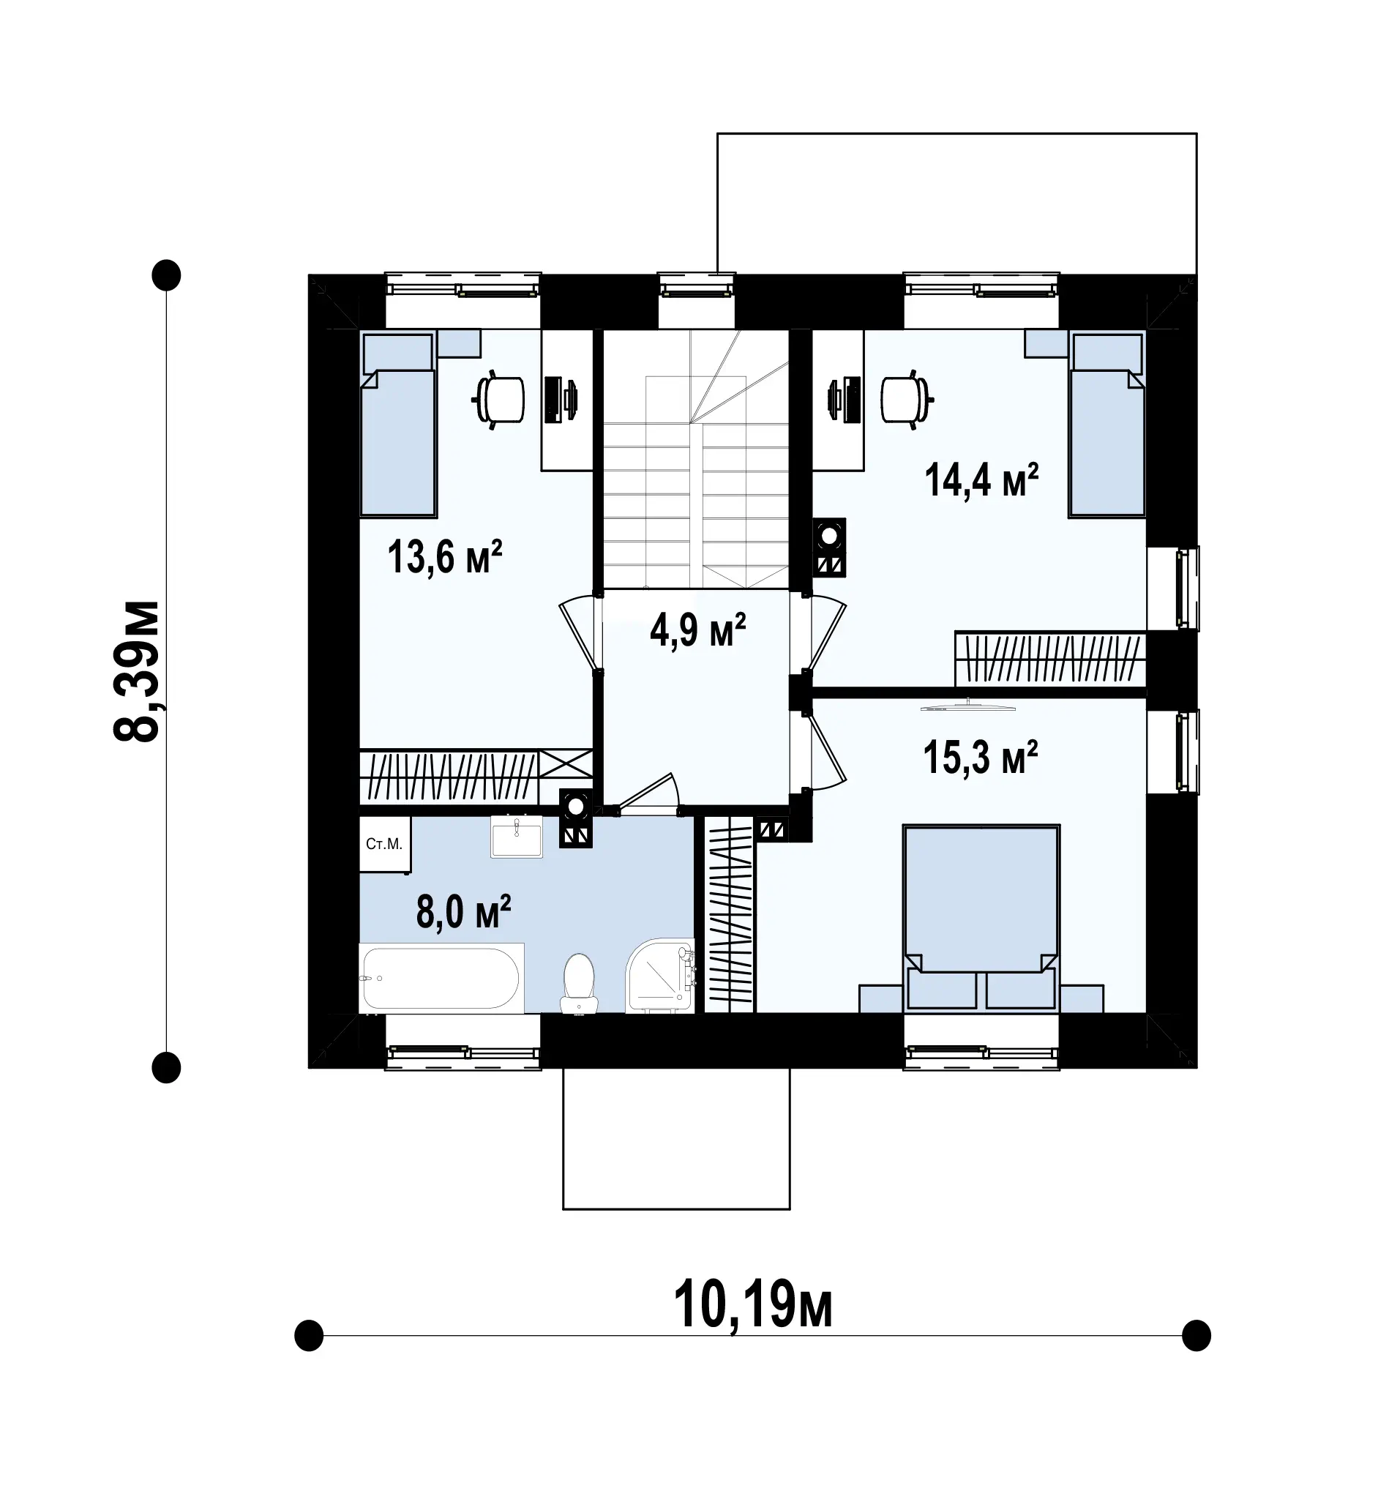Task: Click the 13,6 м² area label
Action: (x=444, y=557)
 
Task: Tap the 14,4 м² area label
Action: (x=981, y=479)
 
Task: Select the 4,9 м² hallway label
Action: (x=698, y=630)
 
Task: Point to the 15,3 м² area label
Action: (x=981, y=758)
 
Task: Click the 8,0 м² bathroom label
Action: (x=463, y=912)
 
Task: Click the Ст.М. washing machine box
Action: (x=384, y=844)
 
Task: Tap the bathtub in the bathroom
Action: (x=441, y=978)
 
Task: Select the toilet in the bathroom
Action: (x=579, y=983)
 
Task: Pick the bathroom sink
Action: (x=516, y=836)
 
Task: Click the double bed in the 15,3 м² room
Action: (x=981, y=918)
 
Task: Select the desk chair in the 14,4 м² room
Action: (x=907, y=400)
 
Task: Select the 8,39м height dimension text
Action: (x=136, y=670)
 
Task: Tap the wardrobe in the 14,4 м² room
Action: (x=1050, y=660)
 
